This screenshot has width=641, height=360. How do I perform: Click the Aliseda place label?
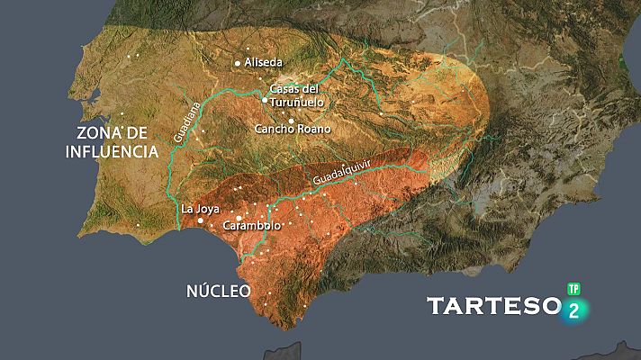(x=263, y=63)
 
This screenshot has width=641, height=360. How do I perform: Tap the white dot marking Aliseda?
(x=238, y=63)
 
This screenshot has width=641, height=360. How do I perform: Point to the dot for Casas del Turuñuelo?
(x=264, y=101)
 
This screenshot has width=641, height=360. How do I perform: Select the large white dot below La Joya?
(x=200, y=220)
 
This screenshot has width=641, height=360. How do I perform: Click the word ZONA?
(x=96, y=133)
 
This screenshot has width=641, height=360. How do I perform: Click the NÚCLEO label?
(x=218, y=291)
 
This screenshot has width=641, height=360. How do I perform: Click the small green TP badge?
(x=573, y=290)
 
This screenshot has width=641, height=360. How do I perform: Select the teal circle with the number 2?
(x=574, y=310)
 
